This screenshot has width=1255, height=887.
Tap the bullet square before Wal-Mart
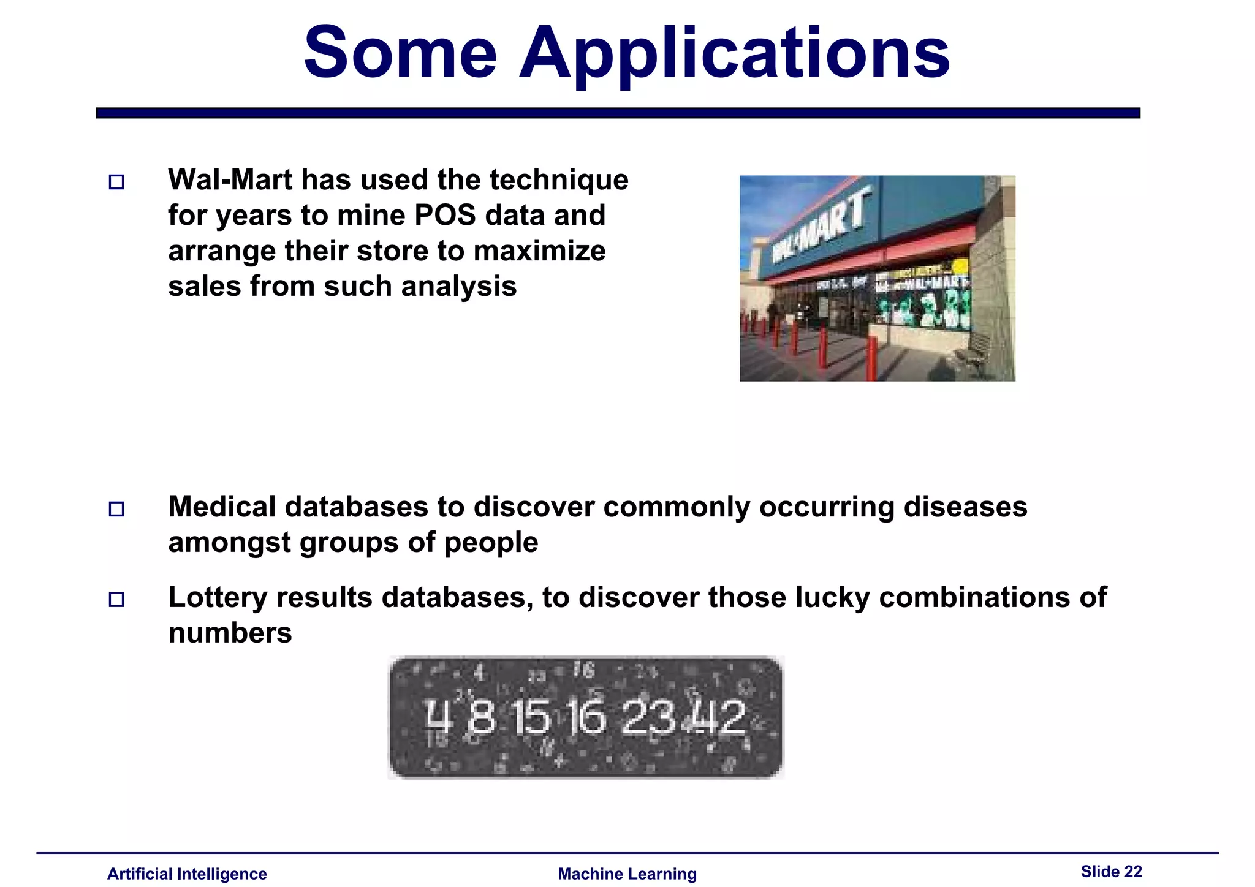[116, 182]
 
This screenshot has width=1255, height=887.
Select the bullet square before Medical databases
[116, 509]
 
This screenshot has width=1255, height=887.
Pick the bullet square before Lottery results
[116, 600]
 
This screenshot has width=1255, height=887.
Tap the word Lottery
[218, 598]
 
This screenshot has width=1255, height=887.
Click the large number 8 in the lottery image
[481, 718]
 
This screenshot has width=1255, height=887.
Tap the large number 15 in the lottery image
[531, 718]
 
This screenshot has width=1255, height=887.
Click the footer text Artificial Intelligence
[187, 874]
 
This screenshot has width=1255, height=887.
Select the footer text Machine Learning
[627, 874]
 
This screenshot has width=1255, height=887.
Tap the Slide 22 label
[1111, 872]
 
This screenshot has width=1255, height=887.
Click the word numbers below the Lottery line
[230, 633]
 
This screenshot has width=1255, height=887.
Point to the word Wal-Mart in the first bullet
[230, 180]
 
